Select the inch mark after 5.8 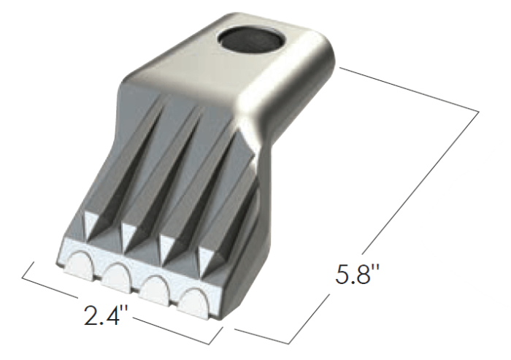(381, 270)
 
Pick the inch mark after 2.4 (128, 307)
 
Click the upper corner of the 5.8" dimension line (479, 110)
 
